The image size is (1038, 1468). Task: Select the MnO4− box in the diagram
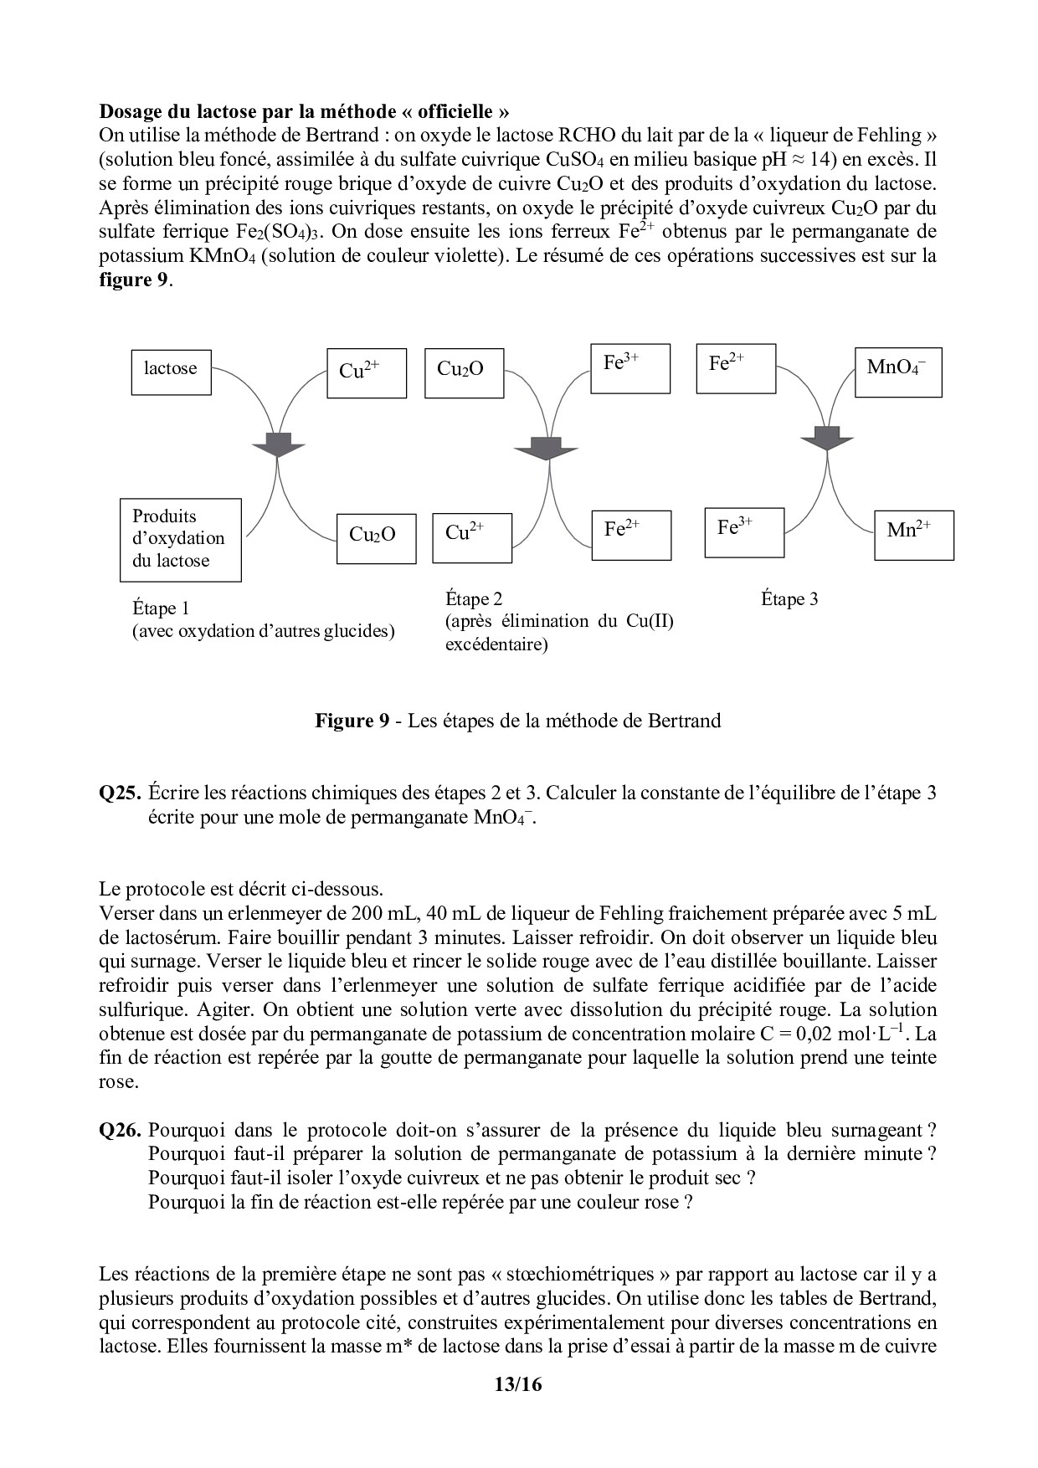coord(898,372)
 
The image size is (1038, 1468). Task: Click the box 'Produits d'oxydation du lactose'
coord(181,540)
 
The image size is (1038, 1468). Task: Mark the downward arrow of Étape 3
coord(826,438)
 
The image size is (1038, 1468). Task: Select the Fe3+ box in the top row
coord(629,368)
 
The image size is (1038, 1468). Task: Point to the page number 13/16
coord(518,1408)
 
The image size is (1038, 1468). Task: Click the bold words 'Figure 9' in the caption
coord(352,721)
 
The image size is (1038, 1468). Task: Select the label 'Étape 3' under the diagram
coord(789,599)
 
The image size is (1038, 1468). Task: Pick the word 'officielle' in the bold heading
coord(455,111)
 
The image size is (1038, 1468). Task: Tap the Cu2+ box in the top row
coord(367,373)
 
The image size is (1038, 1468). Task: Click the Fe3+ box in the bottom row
coord(744,532)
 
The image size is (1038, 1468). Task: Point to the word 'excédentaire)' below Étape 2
coord(496,644)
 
